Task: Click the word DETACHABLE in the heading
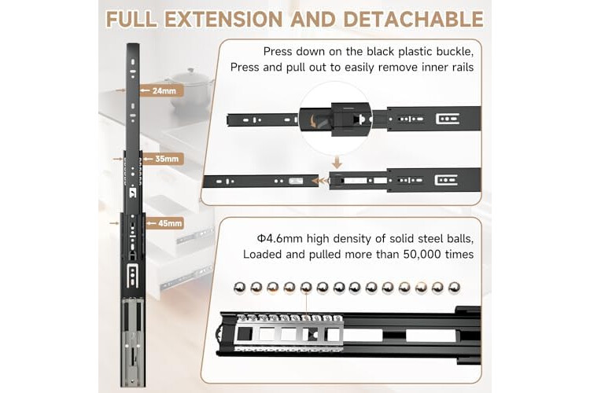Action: (x=414, y=19)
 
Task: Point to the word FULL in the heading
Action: (x=131, y=19)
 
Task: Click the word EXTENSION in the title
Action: (x=223, y=19)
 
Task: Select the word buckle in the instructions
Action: (x=459, y=51)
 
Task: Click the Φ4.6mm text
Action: (x=280, y=238)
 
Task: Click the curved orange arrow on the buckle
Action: (x=312, y=121)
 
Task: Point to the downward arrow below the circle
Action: (x=337, y=163)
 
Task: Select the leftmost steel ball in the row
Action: (x=240, y=288)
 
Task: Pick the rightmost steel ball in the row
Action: (x=454, y=288)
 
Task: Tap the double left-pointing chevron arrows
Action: (x=321, y=182)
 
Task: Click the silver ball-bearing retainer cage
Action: (x=289, y=332)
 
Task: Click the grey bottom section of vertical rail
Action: (x=133, y=342)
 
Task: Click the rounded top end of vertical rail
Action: (x=133, y=46)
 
